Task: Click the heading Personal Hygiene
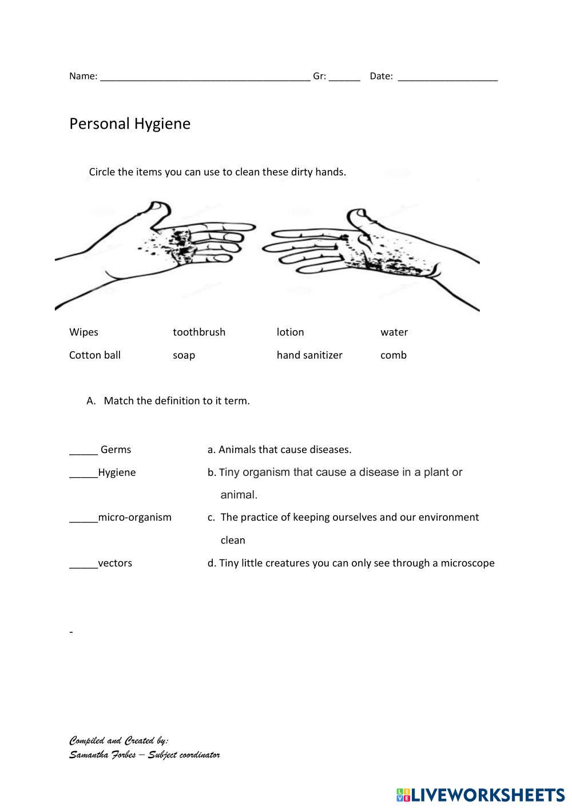tap(130, 124)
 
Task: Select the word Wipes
tap(84, 332)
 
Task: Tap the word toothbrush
tap(199, 332)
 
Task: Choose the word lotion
tap(290, 332)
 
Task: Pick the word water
tap(394, 332)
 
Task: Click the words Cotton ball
tap(95, 355)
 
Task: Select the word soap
tap(184, 355)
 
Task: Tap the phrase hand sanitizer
tap(309, 355)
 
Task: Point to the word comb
tap(394, 355)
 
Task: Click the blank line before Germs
tap(84, 453)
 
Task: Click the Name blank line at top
tap(205, 79)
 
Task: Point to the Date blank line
tap(447, 79)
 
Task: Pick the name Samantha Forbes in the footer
tap(103, 755)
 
